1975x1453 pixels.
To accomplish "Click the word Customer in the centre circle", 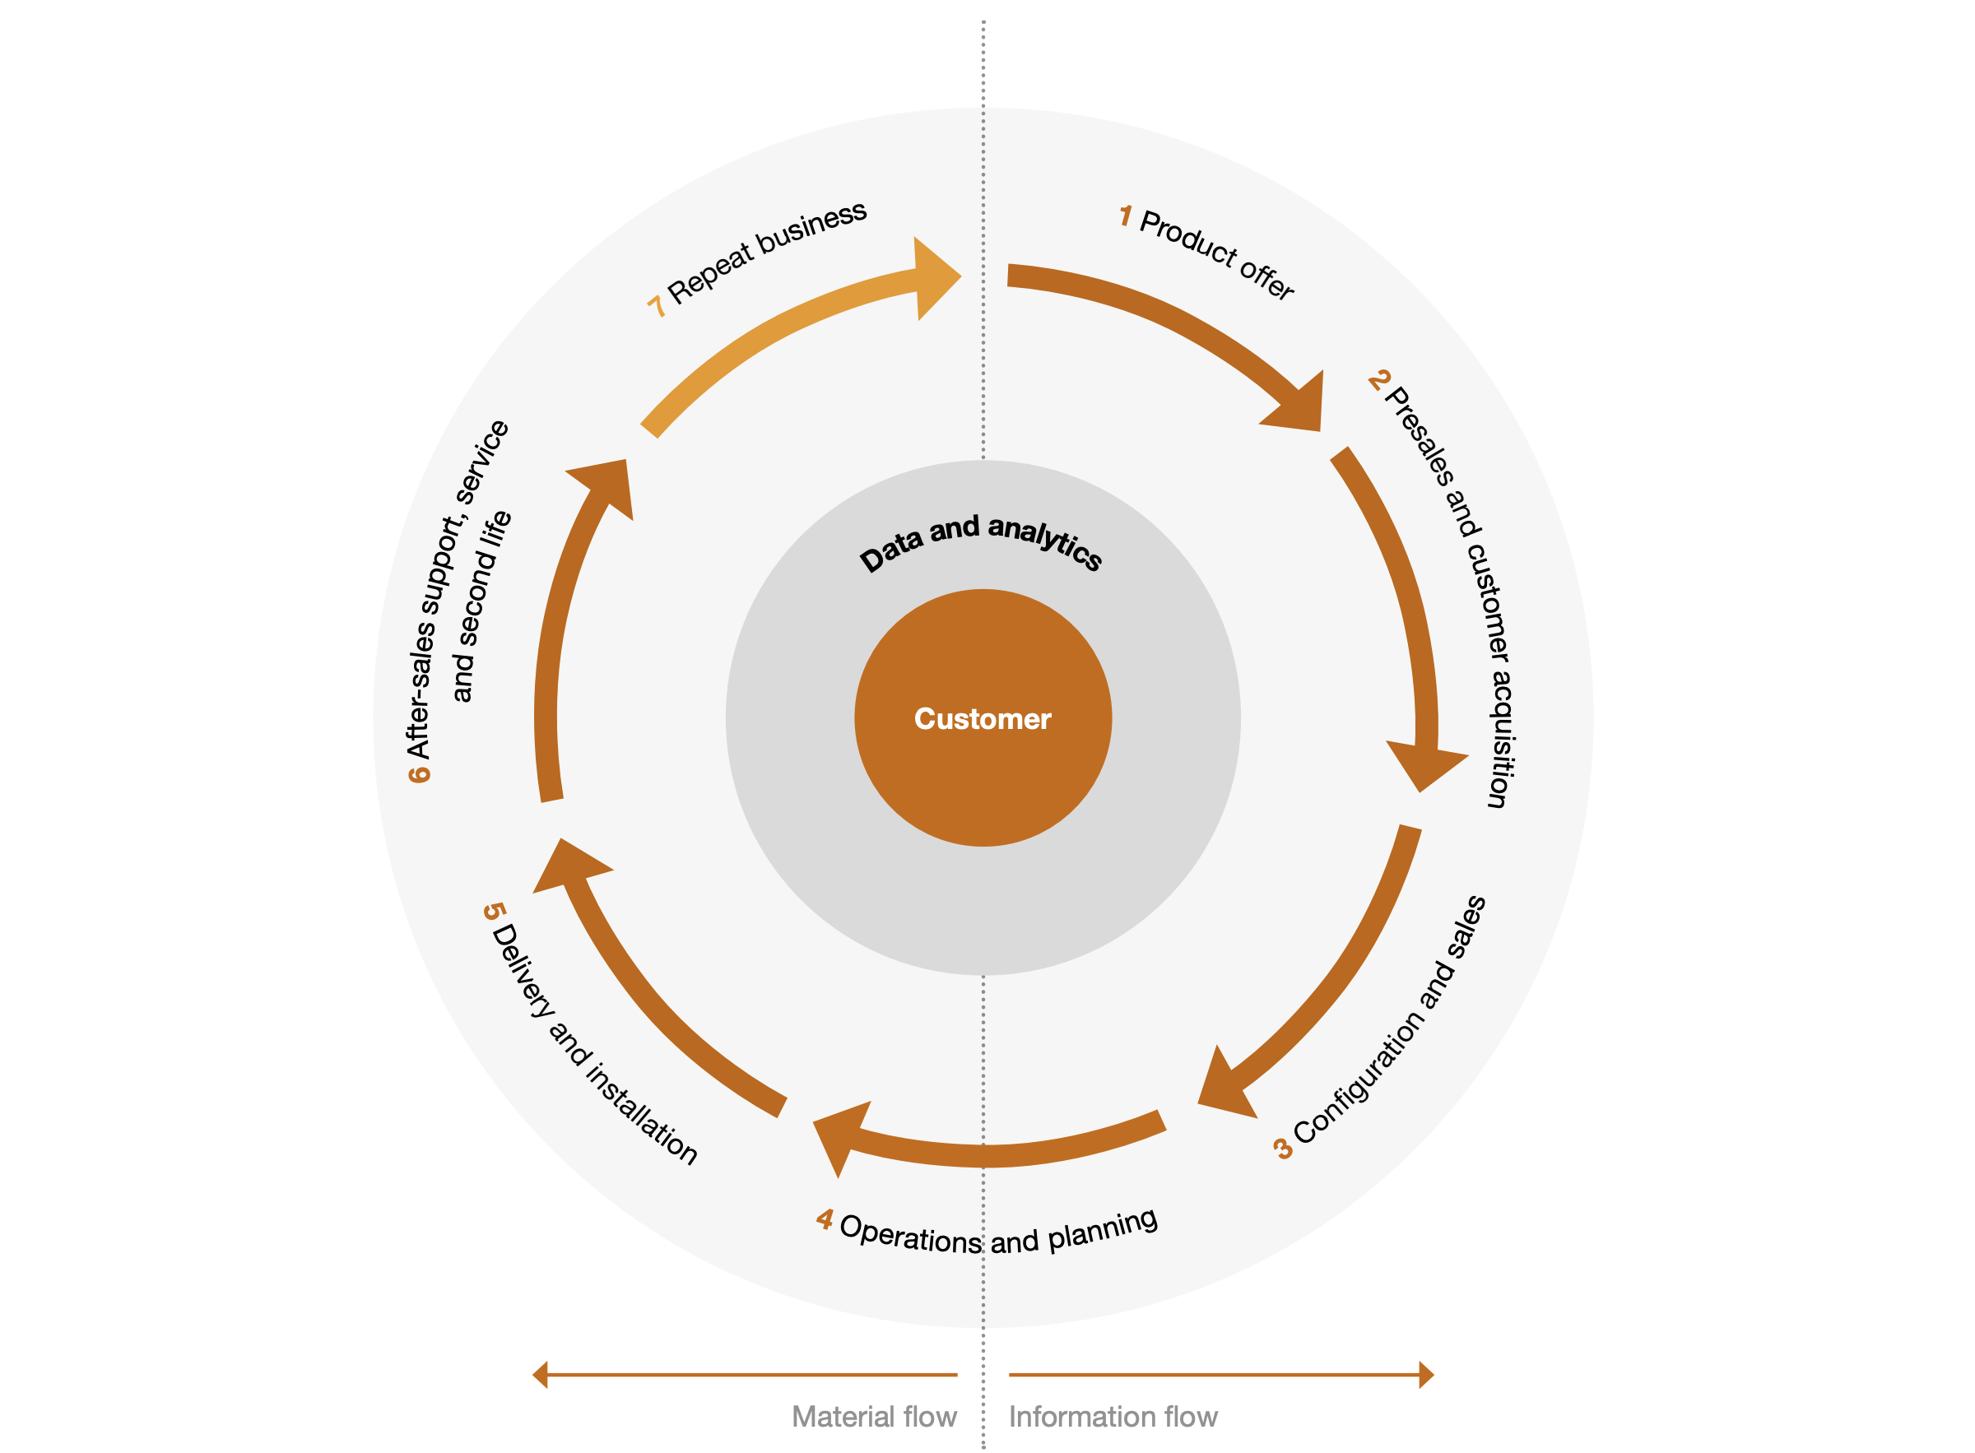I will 983,718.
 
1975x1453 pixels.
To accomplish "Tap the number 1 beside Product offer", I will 1125,216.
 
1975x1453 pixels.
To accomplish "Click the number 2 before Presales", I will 1378,380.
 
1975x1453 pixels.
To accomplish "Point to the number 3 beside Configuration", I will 1283,1149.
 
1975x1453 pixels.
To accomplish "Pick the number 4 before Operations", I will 825,1219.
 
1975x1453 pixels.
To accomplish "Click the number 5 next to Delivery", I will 495,911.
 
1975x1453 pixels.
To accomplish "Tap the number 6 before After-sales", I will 419,773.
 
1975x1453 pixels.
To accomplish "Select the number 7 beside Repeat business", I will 655,306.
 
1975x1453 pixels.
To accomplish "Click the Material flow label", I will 874,1417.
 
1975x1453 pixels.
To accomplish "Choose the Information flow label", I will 1113,1417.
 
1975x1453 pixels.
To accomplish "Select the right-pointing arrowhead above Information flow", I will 1426,1375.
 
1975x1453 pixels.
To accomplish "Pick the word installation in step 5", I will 642,1112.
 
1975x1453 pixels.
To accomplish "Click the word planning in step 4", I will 1104,1228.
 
